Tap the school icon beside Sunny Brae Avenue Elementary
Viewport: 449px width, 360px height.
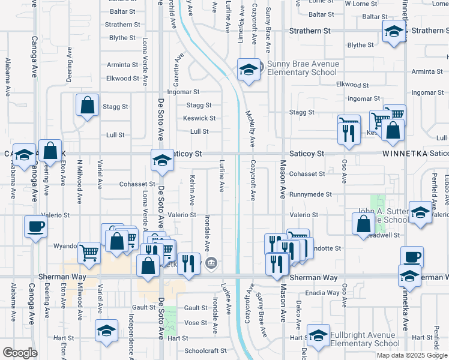point(248,70)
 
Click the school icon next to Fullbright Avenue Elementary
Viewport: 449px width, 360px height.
point(318,335)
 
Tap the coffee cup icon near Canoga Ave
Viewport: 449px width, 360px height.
point(35,227)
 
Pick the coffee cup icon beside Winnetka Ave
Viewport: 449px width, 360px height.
point(412,257)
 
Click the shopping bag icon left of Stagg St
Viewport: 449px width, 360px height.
point(87,105)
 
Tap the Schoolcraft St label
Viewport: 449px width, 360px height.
point(206,350)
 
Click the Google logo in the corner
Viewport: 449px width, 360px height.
point(20,353)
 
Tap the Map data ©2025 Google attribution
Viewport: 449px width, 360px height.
point(411,355)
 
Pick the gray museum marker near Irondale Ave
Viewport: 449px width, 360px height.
point(211,263)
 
